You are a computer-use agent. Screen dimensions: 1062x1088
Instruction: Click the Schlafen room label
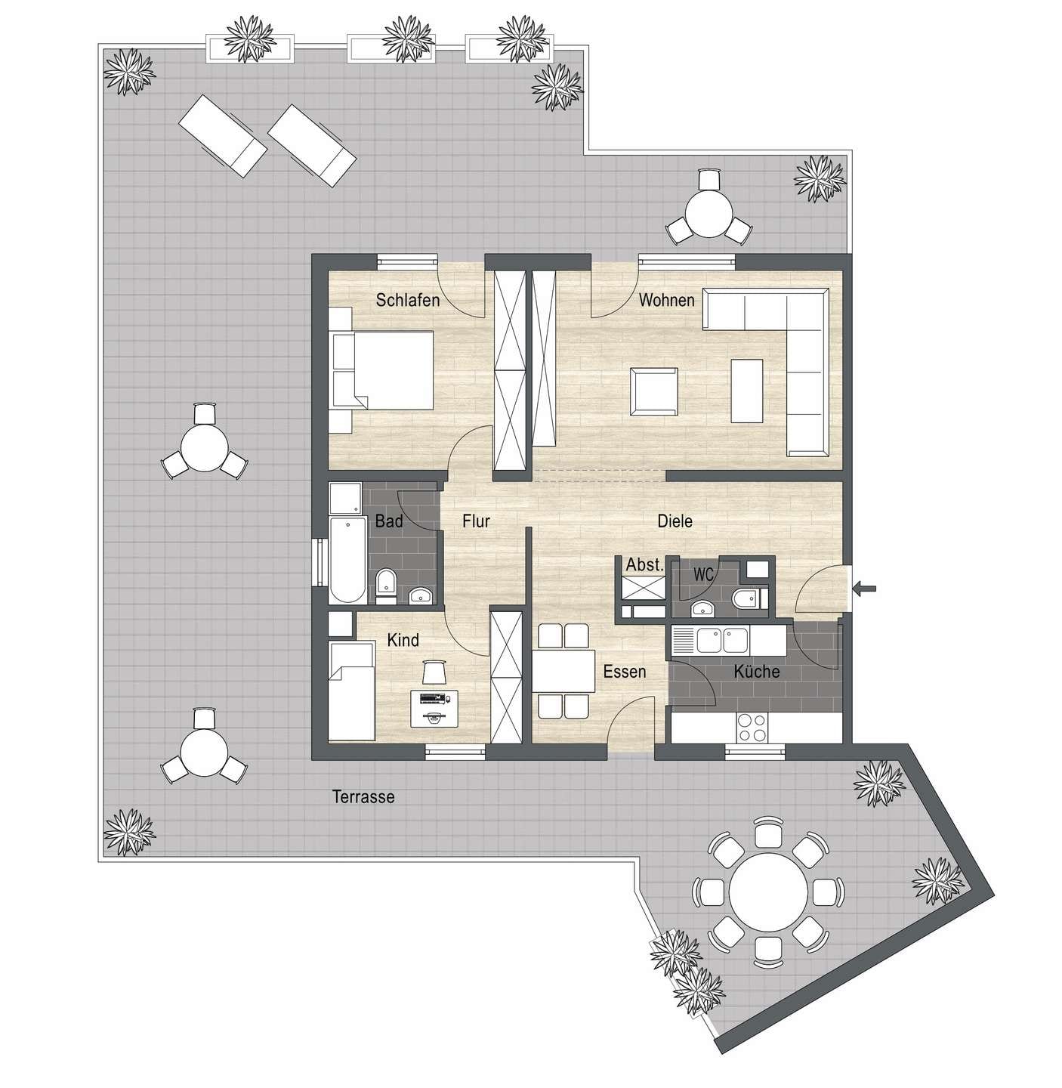coord(407,300)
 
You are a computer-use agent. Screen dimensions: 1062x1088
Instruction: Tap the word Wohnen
coord(666,300)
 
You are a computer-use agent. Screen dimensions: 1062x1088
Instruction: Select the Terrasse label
coord(363,796)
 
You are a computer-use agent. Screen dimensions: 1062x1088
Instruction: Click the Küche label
coord(757,671)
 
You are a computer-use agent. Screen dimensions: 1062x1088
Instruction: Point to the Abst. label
coord(644,564)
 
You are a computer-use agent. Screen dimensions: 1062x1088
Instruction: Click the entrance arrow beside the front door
coord(864,588)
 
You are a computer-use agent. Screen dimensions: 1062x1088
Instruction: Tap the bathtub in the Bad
coord(347,560)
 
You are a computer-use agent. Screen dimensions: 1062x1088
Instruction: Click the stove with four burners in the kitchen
coord(752,728)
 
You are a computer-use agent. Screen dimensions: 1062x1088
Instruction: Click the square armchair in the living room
coord(654,391)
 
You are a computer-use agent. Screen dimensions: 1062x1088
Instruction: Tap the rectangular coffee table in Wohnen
coord(747,391)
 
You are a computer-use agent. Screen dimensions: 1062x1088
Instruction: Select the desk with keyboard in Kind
coord(434,708)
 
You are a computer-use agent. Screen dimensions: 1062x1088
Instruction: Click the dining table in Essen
coord(563,670)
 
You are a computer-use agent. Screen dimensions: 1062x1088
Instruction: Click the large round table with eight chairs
coord(768,892)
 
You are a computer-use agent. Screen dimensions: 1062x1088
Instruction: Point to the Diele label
coord(675,521)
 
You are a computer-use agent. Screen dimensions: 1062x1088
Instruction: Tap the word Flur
coord(476,521)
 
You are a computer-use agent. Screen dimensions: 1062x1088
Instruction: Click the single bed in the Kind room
coord(351,691)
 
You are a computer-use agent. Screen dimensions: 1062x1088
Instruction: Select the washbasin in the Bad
coord(420,596)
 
